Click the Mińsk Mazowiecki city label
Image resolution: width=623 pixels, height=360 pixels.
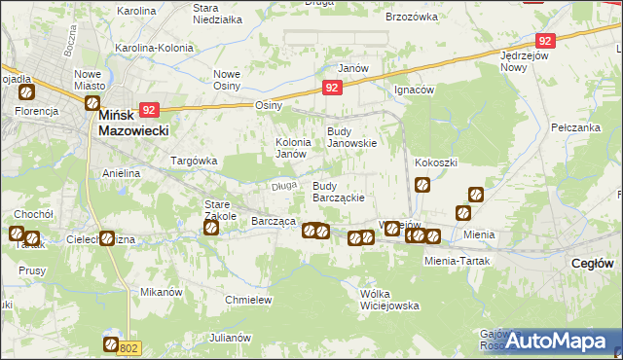coord(134,122)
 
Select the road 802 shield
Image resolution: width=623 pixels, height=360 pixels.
coord(131,347)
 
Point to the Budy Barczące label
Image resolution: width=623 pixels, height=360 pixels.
coord(338,191)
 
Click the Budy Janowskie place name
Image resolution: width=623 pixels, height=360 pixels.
coord(350,137)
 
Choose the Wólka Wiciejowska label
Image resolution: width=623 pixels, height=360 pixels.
coord(388,299)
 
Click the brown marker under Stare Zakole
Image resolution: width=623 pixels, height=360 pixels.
coord(211,228)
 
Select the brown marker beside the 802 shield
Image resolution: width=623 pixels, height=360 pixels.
coord(111,344)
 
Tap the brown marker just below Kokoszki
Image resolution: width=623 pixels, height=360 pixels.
coord(422,183)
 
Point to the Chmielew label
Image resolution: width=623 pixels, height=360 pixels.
coord(248,300)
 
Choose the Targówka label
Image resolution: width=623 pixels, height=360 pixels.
coord(193,160)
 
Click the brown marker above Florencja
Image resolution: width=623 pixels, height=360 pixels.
coord(26,93)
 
